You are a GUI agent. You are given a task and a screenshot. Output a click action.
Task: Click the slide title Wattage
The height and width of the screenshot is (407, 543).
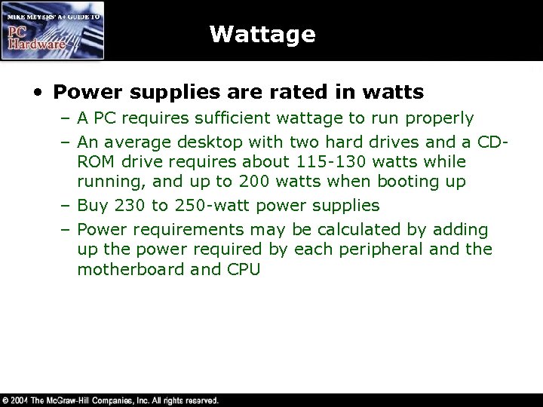coord(262,34)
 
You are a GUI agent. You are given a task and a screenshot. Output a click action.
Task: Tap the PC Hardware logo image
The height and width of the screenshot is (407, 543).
coord(52,30)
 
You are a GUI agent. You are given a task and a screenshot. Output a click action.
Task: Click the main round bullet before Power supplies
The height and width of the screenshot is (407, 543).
coord(37,93)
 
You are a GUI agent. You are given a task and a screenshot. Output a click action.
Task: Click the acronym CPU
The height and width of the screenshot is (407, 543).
coord(243,268)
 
